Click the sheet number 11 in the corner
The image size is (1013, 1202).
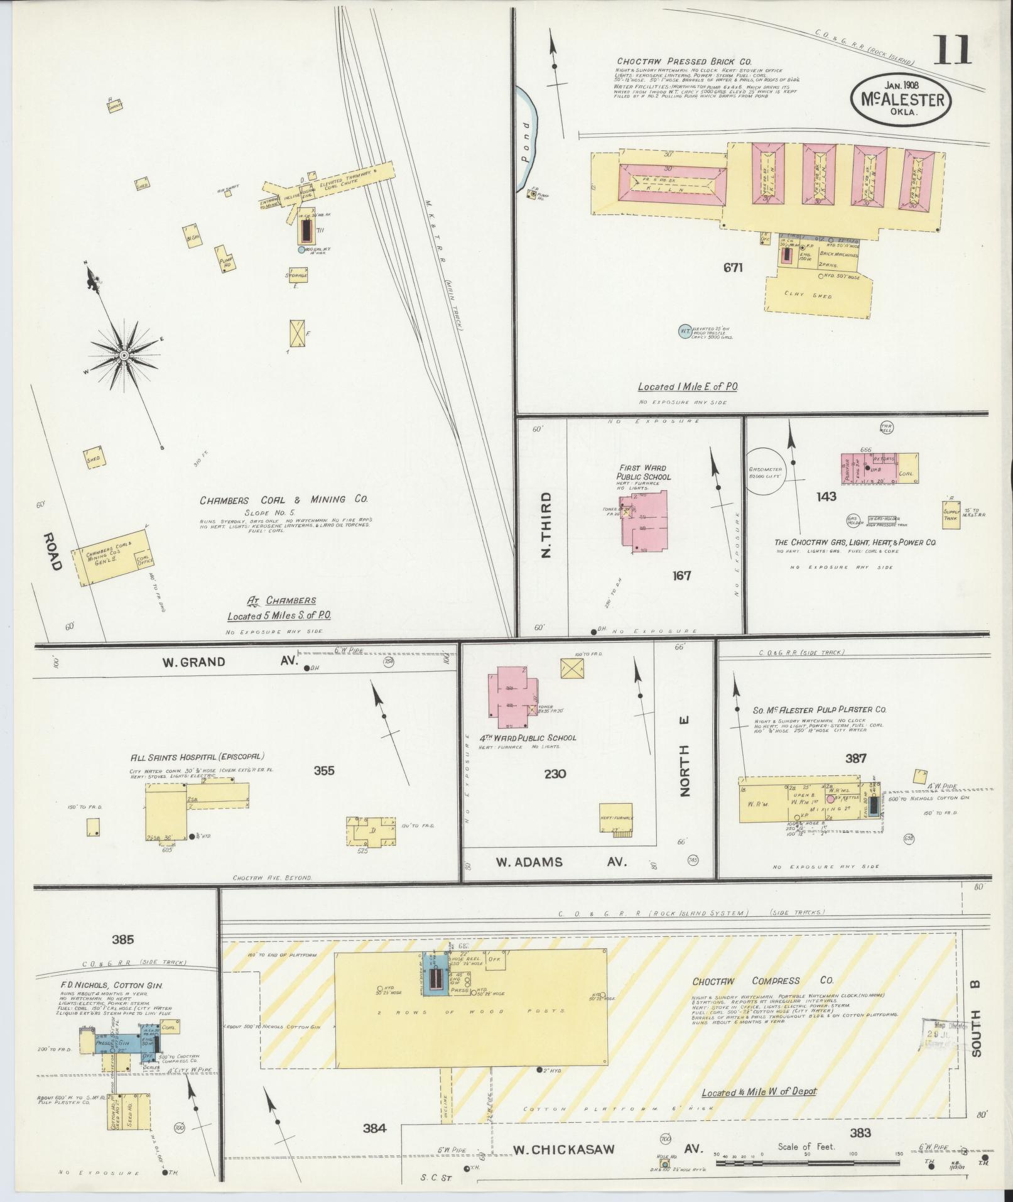coord(953,50)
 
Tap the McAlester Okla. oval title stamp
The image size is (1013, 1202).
coord(901,99)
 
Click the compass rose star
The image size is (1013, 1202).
coord(124,356)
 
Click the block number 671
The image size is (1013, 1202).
coord(733,268)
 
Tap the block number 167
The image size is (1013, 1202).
coord(681,575)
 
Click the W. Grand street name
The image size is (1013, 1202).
coord(193,662)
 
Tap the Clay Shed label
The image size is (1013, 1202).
coord(817,295)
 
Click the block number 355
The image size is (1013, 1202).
coord(324,771)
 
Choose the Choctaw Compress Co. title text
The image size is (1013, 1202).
coord(762,998)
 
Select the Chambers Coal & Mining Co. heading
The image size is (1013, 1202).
coord(283,500)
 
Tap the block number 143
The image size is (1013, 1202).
coord(826,496)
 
